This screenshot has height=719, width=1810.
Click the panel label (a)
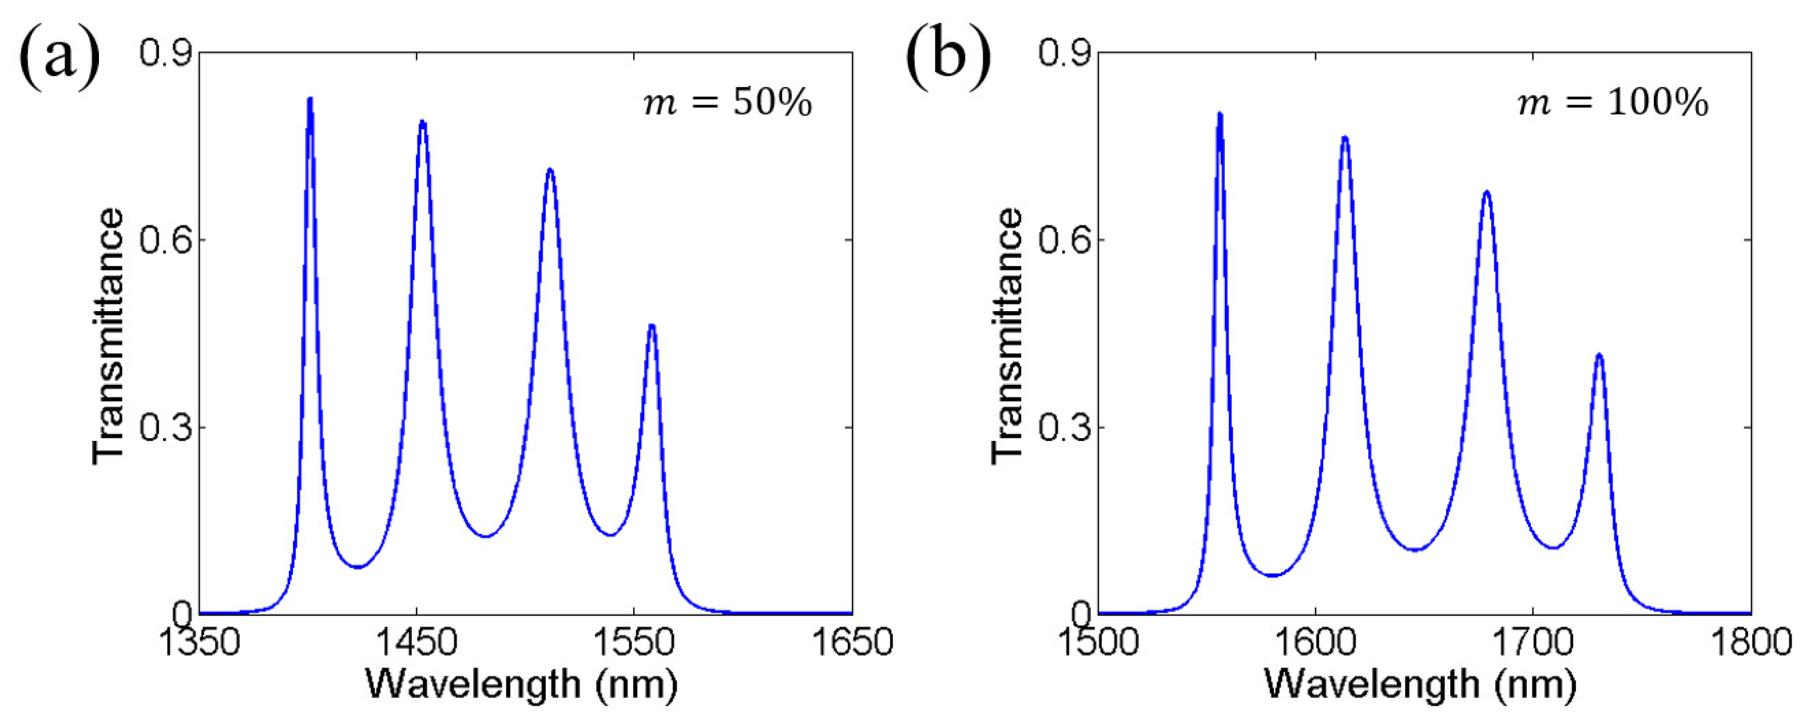(x=59, y=56)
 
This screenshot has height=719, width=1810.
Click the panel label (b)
(x=948, y=56)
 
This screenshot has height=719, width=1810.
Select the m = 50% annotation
(x=727, y=104)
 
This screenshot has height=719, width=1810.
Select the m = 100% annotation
(x=1613, y=104)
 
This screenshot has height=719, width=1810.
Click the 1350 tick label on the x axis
(x=200, y=642)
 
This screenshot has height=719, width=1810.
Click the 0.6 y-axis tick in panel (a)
(x=165, y=240)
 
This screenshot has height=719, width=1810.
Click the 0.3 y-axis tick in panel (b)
(x=1064, y=427)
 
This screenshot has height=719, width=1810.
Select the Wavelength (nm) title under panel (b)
(x=1419, y=684)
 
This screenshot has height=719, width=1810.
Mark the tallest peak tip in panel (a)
(x=310, y=99)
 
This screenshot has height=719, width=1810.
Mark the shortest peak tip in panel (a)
(x=652, y=325)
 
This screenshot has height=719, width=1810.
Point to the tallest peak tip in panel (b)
(x=1220, y=114)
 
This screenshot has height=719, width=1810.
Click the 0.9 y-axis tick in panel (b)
(x=1064, y=53)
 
